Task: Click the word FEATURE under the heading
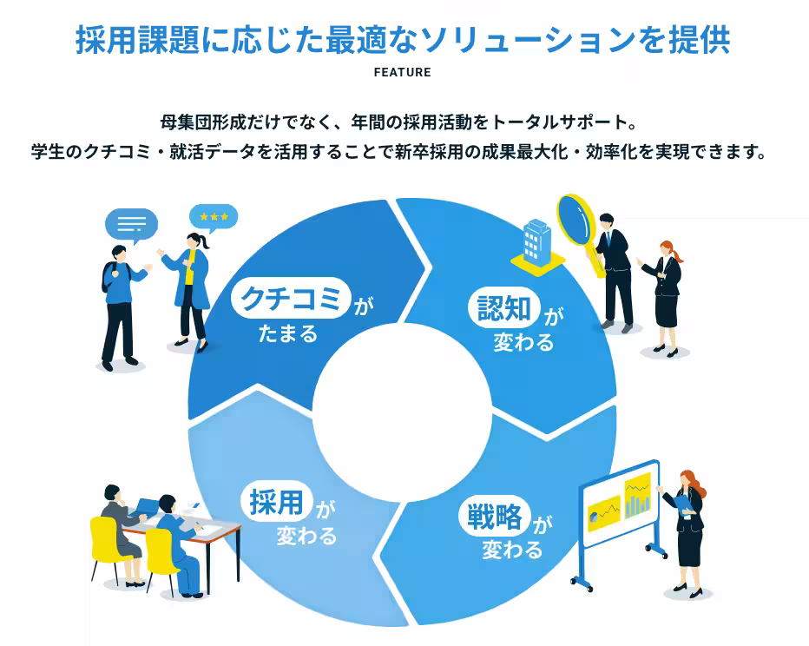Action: pos(403,72)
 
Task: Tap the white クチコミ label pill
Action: pos(291,298)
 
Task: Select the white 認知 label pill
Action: pos(504,307)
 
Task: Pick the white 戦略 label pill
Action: pos(494,516)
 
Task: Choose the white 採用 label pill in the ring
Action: pos(277,501)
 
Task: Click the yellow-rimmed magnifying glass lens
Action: pos(577,219)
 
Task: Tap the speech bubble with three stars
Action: pos(214,218)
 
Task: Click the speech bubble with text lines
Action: pos(132,225)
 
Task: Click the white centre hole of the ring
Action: pos(403,412)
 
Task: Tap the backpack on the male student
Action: pos(108,277)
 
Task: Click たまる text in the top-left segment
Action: pos(288,333)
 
